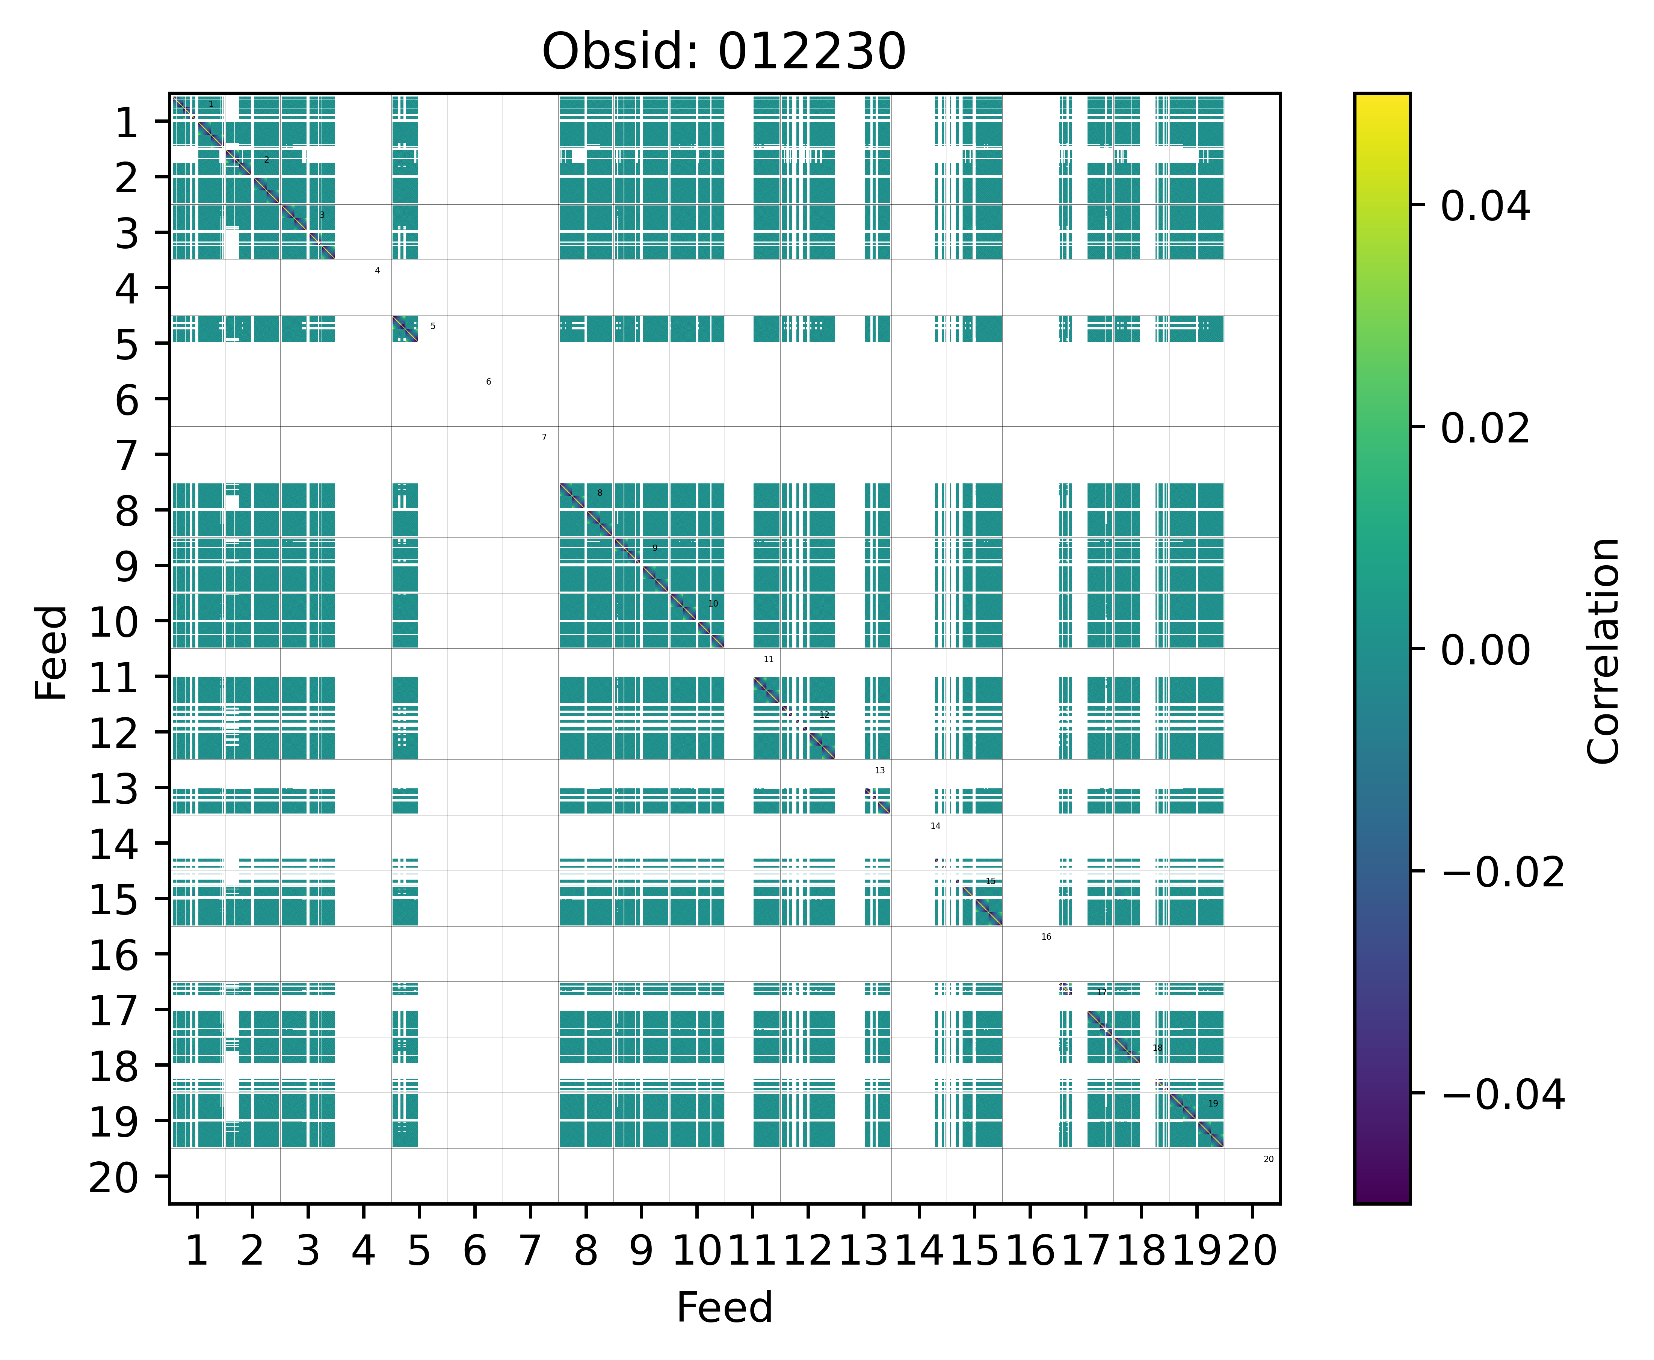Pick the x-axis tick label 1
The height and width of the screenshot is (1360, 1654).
point(197,1251)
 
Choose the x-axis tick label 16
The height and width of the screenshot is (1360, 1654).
point(1030,1251)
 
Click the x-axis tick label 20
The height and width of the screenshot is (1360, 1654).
point(1252,1251)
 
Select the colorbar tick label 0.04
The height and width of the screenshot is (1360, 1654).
point(1485,206)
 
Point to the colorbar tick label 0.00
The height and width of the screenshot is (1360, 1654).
point(1485,649)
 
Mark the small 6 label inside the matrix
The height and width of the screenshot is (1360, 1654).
point(488,382)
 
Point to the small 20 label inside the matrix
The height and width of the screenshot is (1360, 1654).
point(1269,1159)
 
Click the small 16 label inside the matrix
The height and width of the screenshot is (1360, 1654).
point(1046,936)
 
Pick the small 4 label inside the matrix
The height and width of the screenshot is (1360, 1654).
point(377,270)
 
